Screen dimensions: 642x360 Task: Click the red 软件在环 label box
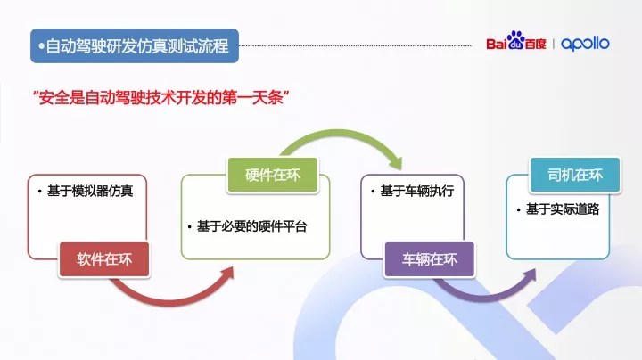click(x=104, y=259)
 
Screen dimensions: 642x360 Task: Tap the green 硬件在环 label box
click(x=272, y=175)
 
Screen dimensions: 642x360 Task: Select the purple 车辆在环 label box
click(x=429, y=259)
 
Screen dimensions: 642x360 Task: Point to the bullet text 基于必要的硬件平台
click(x=251, y=226)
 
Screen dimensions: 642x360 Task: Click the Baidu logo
click(x=516, y=44)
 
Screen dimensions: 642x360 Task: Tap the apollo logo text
click(x=586, y=44)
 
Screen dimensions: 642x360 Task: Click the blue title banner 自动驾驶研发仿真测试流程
click(x=135, y=45)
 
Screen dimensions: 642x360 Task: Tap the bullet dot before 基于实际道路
click(x=519, y=209)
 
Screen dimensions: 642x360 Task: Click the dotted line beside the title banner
click(x=357, y=44)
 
